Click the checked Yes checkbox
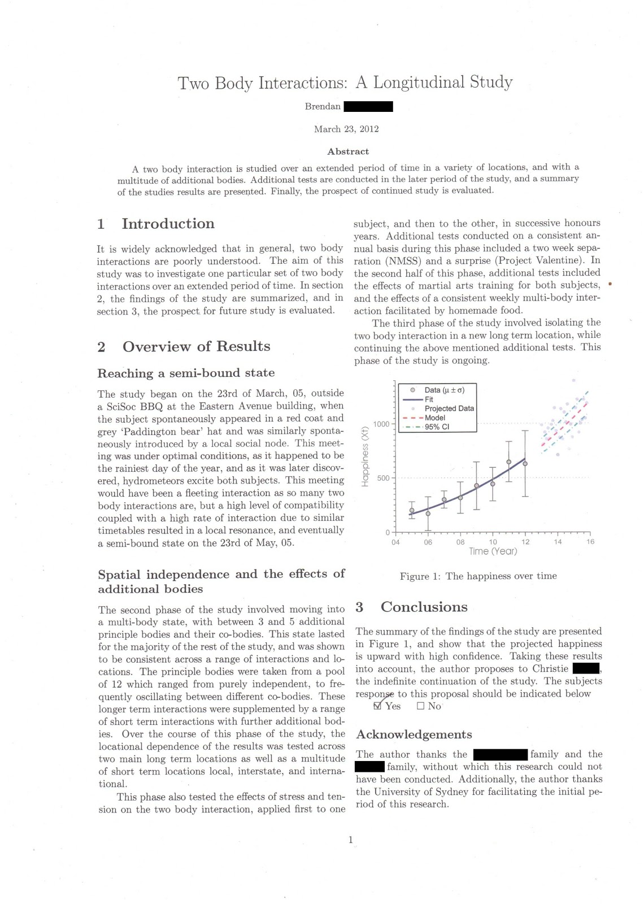378,706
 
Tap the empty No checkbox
420,706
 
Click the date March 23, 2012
346,129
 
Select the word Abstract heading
348,151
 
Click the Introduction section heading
168,224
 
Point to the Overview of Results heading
196,346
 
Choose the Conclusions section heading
424,607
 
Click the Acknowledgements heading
414,734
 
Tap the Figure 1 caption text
478,576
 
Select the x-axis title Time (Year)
493,551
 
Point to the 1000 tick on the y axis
381,424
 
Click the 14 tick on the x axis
558,542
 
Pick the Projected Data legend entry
449,408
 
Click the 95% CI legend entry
437,427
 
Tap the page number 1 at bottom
350,840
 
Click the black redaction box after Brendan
368,106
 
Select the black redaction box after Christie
586,669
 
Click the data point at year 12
525,464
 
